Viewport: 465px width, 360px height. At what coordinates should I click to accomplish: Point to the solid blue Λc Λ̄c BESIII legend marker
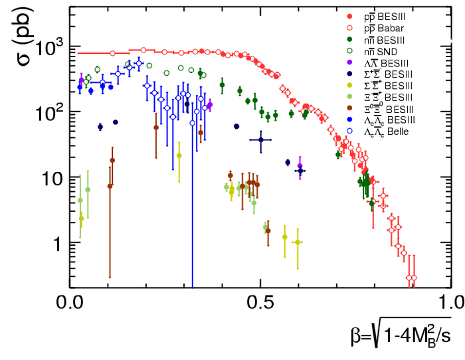point(349,120)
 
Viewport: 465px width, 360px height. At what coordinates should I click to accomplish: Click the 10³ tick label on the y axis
point(48,47)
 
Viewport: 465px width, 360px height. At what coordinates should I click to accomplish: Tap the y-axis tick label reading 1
point(57,244)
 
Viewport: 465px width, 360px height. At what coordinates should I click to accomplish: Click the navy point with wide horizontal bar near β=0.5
point(261,139)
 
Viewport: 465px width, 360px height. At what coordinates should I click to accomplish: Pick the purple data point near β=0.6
point(300,166)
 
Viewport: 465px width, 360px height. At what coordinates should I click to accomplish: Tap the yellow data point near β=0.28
point(179,155)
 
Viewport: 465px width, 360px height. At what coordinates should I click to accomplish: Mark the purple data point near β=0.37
point(210,104)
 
